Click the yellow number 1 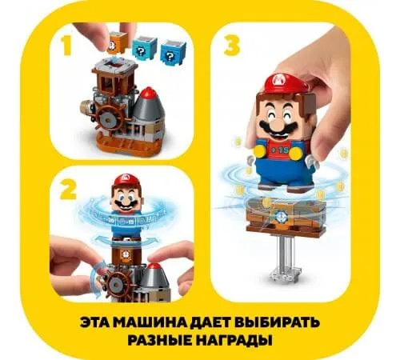pos(66,46)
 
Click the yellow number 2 pos(68,189)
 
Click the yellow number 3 pos(232,46)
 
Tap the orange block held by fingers pos(117,42)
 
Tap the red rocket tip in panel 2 pos(153,266)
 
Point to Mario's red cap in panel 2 pos(125,179)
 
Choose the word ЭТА pos(95,322)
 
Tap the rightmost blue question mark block pos(170,50)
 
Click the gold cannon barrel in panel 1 pos(86,106)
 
